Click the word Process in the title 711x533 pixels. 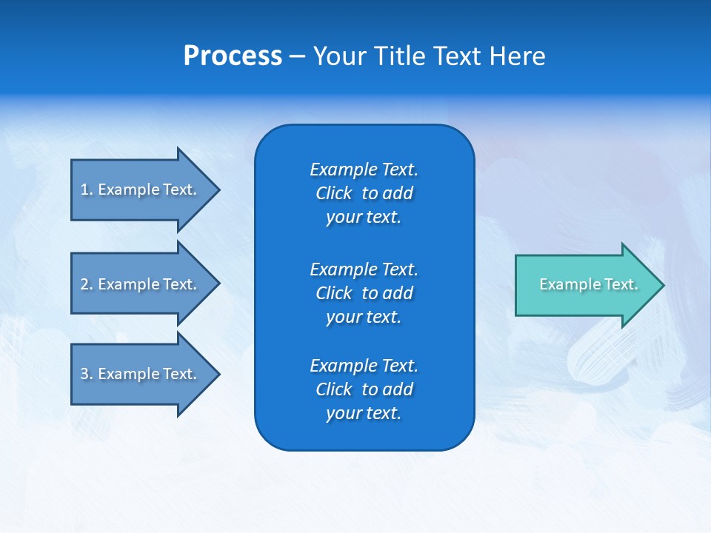(x=233, y=56)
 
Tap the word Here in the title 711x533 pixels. (x=517, y=56)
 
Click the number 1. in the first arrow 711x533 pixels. (x=86, y=190)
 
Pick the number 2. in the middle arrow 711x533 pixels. (x=86, y=284)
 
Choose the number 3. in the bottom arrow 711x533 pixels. (x=86, y=374)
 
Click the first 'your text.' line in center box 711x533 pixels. (x=364, y=218)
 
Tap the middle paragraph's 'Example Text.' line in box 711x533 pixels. (x=364, y=269)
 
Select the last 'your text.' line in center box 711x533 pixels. (x=364, y=414)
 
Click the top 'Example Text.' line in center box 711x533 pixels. (x=364, y=170)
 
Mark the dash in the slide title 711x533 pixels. (x=297, y=56)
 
